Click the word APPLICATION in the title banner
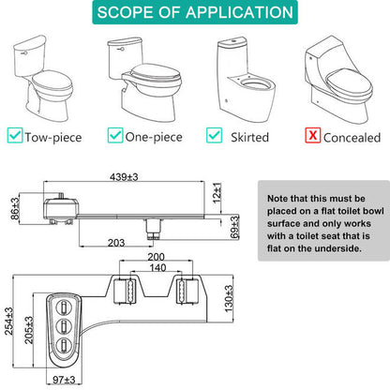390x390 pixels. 239,12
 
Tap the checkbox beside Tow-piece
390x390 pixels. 15,135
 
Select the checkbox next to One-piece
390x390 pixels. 115,135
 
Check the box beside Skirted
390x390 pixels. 215,135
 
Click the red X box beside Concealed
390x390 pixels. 313,135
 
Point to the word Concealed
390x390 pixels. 352,138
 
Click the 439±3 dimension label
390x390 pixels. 124,177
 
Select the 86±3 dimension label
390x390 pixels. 15,208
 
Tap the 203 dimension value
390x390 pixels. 116,243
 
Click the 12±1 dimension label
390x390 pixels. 217,193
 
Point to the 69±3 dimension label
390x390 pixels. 234,227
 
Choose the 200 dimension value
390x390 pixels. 156,257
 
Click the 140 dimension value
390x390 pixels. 157,268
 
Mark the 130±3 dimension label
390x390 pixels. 229,298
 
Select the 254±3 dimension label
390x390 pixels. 8,322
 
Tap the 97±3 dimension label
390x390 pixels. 64,380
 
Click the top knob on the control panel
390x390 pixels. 64,307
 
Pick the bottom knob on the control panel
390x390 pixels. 64,345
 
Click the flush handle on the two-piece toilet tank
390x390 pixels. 22,53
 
